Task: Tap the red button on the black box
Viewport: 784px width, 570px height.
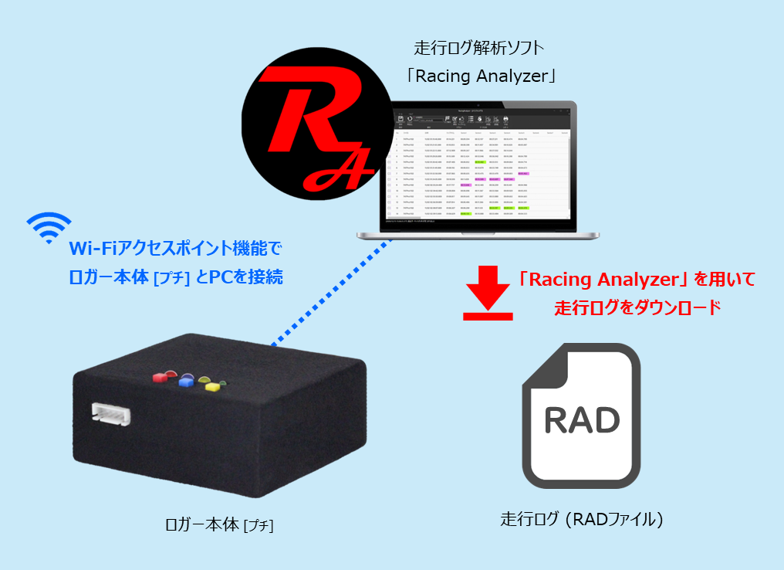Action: tap(161, 378)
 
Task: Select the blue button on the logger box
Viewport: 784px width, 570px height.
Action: tap(185, 382)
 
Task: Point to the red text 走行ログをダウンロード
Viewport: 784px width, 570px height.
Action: tap(637, 307)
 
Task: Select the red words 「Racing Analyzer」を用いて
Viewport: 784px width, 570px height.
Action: tap(637, 279)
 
